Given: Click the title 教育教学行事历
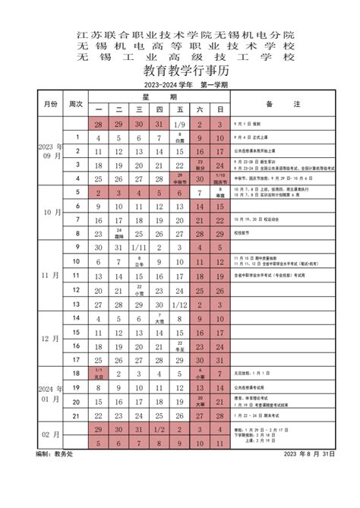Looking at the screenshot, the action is pos(180,71).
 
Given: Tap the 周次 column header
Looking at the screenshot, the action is pos(76,103).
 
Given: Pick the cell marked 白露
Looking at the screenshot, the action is pos(179,137).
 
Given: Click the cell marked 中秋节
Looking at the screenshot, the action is pos(179,179).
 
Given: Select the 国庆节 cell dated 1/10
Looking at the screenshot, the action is pos(220,179).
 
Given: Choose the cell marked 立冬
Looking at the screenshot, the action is pos(159,261).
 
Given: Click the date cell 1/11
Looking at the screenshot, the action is pos(138,248).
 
